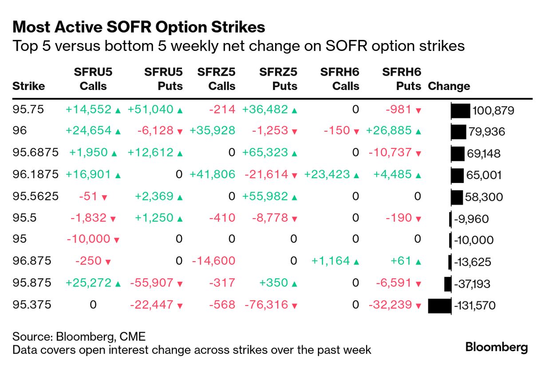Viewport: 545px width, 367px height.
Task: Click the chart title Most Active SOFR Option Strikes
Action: (x=139, y=27)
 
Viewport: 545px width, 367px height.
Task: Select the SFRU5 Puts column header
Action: (x=164, y=78)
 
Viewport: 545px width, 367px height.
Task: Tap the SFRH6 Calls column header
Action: (x=340, y=78)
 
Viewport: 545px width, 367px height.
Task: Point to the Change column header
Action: (x=449, y=86)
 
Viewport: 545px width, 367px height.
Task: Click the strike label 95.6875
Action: (x=36, y=152)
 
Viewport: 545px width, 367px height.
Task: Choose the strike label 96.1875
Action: (x=36, y=174)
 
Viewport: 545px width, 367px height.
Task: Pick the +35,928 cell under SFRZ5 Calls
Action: (x=212, y=131)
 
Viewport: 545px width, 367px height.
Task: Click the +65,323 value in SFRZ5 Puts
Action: (x=265, y=152)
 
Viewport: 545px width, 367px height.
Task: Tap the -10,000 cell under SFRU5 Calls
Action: (x=88, y=239)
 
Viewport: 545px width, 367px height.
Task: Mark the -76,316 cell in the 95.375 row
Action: (x=266, y=305)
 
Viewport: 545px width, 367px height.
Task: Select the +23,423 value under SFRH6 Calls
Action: (x=327, y=174)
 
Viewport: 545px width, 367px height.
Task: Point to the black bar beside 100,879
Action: (x=460, y=110)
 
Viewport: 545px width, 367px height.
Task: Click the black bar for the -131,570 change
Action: (x=439, y=305)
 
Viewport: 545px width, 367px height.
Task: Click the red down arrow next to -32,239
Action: (x=418, y=305)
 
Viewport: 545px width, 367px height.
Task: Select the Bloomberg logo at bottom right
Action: (x=497, y=347)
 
